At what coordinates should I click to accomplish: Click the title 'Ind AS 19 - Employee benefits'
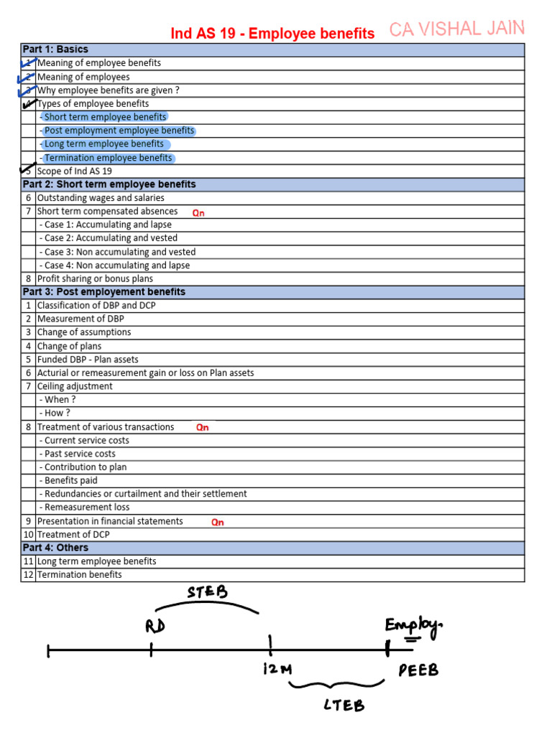[272, 34]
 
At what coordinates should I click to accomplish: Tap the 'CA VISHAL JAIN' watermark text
[457, 29]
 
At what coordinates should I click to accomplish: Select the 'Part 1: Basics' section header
[55, 50]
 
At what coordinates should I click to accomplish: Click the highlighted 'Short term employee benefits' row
[105, 117]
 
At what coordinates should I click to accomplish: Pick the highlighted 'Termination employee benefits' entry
[108, 158]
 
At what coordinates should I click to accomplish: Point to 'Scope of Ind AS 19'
[74, 172]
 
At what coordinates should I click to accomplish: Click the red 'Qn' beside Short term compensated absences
[198, 213]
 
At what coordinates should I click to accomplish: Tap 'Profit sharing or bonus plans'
[95, 278]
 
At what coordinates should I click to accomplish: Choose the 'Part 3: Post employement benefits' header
[103, 292]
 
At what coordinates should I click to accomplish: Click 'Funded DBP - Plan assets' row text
[88, 360]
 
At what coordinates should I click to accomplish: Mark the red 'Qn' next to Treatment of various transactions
[203, 428]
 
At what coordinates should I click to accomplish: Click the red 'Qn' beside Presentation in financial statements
[217, 523]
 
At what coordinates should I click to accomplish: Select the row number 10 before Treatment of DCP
[29, 535]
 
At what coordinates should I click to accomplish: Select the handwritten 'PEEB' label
[418, 670]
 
